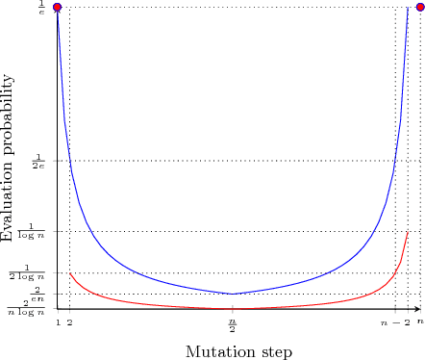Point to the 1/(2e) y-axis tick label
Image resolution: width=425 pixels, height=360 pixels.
click(x=39, y=161)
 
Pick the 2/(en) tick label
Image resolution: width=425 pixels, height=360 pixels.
click(x=37, y=293)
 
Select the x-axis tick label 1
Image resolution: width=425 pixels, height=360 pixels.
click(x=58, y=323)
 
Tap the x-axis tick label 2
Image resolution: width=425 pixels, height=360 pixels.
click(x=69, y=323)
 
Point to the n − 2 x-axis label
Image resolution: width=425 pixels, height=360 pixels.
click(x=395, y=323)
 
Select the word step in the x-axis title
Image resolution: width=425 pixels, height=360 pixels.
click(x=275, y=352)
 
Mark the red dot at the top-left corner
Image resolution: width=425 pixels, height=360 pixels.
click(x=58, y=8)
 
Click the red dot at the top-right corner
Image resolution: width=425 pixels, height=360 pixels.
click(x=419, y=8)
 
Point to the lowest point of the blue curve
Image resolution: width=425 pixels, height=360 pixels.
click(x=233, y=294)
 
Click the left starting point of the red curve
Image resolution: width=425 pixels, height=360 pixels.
click(x=69, y=273)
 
